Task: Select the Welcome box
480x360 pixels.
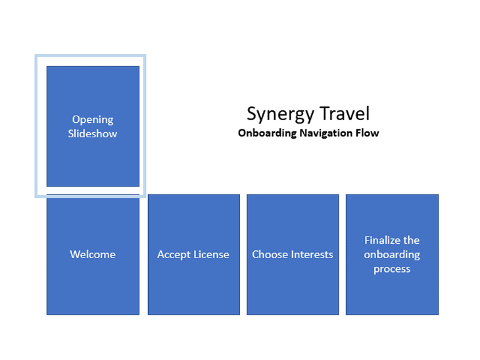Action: pos(93,282)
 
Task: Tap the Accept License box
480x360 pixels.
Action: pos(193,282)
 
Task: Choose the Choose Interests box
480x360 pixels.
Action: pos(293,282)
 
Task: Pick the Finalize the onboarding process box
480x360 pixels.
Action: pos(392,289)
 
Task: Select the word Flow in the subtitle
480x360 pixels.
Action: pos(368,133)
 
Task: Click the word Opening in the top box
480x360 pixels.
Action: pos(93,120)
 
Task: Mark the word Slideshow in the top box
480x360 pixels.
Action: pos(93,133)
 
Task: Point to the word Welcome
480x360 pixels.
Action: pos(93,254)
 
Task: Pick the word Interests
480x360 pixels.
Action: pos(312,254)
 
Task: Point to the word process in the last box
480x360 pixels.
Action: pos(392,269)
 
